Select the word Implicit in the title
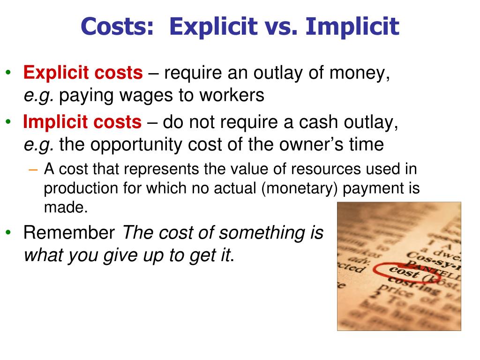[x=352, y=27]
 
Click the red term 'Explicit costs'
[x=83, y=73]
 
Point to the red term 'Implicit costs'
[x=82, y=122]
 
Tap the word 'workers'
[x=232, y=96]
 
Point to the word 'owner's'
[x=312, y=145]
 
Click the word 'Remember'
[x=69, y=232]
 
